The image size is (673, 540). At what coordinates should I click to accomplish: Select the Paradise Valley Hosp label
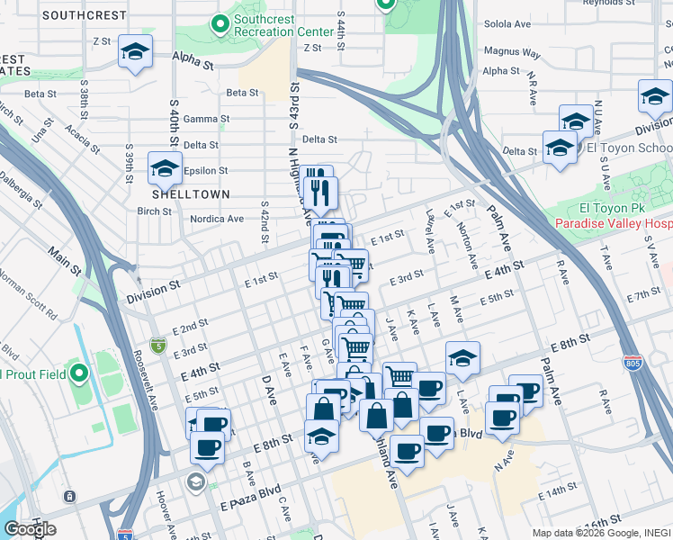(x=612, y=223)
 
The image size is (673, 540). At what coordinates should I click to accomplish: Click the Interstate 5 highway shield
(x=159, y=344)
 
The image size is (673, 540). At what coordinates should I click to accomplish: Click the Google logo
(x=30, y=528)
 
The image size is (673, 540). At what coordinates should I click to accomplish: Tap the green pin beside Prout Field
(x=79, y=373)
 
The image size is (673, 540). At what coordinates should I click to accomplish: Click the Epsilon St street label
(x=206, y=170)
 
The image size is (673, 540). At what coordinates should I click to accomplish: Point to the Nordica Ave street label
(x=216, y=218)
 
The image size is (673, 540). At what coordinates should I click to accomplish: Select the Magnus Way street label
(x=512, y=53)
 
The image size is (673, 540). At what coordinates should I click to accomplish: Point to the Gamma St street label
(x=206, y=119)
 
